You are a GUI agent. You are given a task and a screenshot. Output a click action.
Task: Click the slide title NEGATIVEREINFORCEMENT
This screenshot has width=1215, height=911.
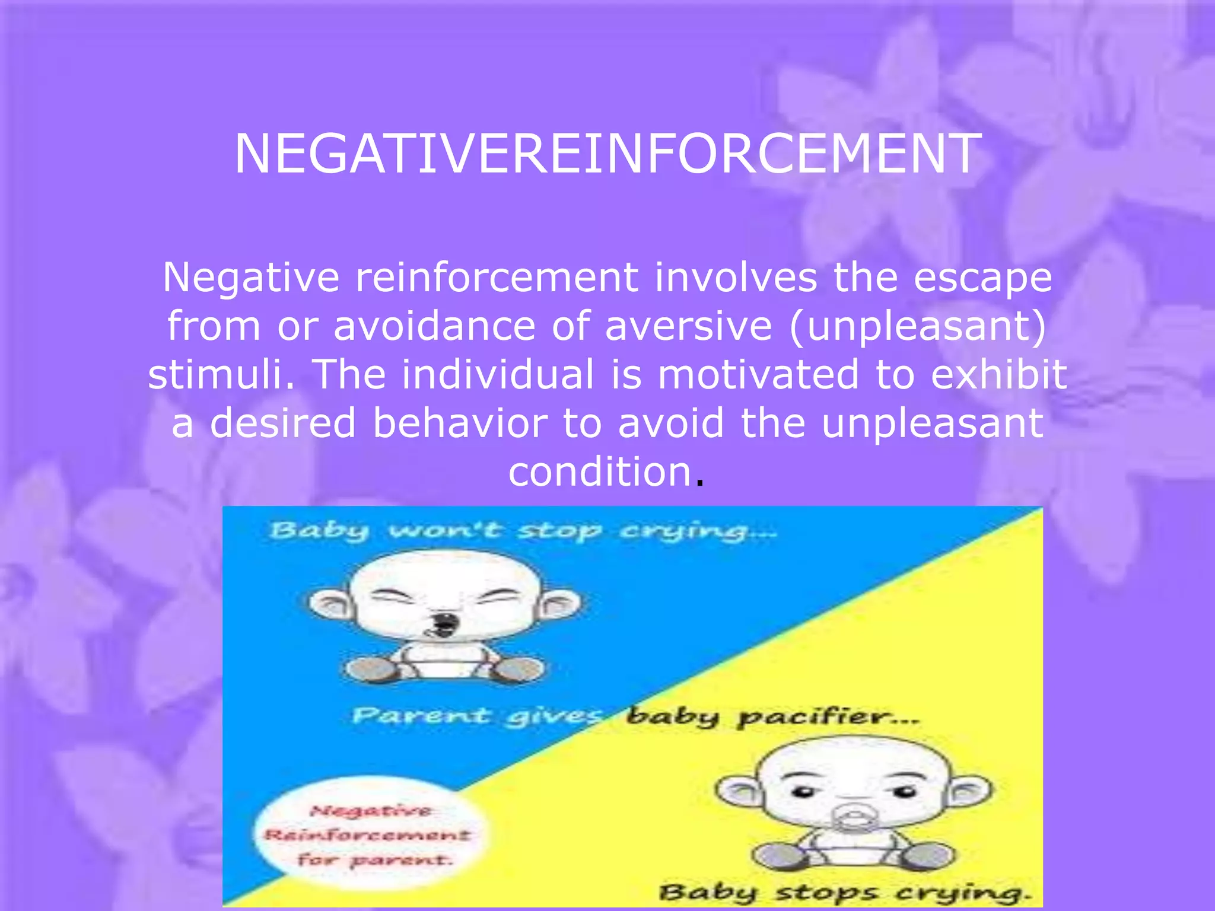(x=607, y=154)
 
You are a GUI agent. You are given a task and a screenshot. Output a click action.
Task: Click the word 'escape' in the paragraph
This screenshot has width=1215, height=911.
(x=982, y=278)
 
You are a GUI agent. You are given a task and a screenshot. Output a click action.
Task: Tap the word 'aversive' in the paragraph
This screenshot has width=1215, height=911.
(x=688, y=326)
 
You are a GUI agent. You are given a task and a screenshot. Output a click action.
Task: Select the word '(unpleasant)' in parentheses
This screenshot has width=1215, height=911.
(x=917, y=326)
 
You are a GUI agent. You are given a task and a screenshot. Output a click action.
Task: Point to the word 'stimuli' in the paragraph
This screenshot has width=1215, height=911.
(x=217, y=375)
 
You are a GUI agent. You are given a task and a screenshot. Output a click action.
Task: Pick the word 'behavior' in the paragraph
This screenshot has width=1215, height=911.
(x=460, y=423)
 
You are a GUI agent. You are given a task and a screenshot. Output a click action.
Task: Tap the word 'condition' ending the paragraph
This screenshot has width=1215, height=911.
(x=600, y=472)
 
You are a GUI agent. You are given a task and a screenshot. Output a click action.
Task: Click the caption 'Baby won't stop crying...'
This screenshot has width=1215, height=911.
(x=522, y=530)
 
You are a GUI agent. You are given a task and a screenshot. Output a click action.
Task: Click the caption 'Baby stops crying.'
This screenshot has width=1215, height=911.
(x=845, y=892)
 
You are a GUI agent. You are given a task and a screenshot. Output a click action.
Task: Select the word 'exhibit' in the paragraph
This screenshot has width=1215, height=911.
(x=999, y=375)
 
